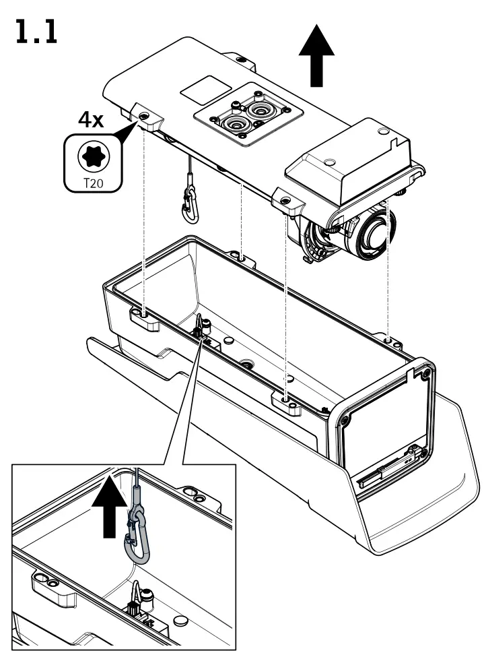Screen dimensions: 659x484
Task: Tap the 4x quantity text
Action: (x=90, y=120)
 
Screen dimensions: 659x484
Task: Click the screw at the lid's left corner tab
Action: (x=145, y=117)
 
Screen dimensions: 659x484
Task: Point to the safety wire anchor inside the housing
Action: (x=201, y=329)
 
